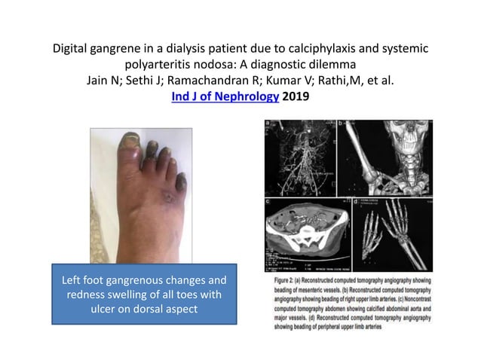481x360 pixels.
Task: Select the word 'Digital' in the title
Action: pyautogui.click(x=71, y=48)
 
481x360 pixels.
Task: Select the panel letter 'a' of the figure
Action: pyautogui.click(x=267, y=125)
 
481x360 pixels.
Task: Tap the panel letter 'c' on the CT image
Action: pyautogui.click(x=268, y=201)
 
